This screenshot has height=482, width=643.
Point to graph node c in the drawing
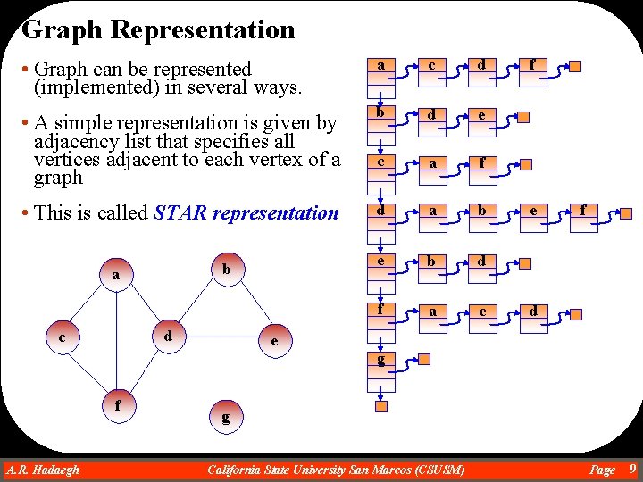click(62, 337)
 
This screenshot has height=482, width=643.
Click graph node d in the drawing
click(167, 337)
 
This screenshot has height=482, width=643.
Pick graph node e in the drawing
click(274, 341)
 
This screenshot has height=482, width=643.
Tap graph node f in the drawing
click(118, 403)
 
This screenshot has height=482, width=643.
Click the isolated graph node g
click(225, 416)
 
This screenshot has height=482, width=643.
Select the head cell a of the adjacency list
click(381, 65)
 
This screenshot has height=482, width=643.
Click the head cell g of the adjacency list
click(381, 360)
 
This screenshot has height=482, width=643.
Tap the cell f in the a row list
click(532, 64)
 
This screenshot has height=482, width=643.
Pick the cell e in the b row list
click(482, 114)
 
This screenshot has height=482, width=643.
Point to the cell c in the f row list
click(482, 311)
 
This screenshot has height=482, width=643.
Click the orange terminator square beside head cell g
click(425, 360)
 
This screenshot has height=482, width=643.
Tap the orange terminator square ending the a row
click(576, 67)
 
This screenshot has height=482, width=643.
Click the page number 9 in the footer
click(632, 469)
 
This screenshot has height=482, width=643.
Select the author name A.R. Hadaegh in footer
click(43, 470)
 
